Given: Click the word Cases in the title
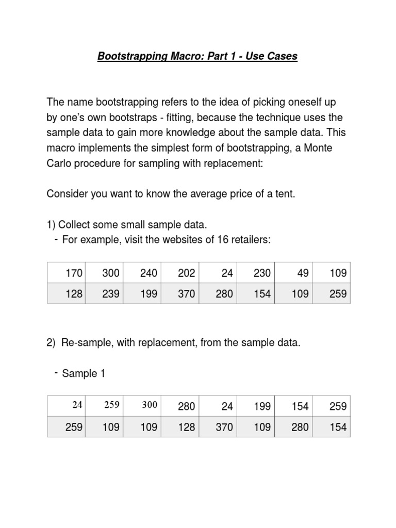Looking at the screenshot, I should (x=281, y=56).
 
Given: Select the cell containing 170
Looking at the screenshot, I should (x=74, y=273).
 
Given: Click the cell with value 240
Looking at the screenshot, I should (x=148, y=273).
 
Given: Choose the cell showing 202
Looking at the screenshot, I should (x=186, y=273).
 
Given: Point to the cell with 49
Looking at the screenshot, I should (x=303, y=273).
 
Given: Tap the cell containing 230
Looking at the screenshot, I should (x=262, y=273).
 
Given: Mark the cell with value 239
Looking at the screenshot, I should (x=111, y=294).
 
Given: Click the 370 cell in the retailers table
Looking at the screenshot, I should (x=186, y=294).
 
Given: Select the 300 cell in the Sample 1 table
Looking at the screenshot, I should (x=150, y=405).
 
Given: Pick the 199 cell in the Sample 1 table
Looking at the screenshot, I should (x=262, y=406).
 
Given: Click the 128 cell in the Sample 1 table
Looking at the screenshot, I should (x=186, y=427).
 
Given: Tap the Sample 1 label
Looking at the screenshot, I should (x=84, y=374).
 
